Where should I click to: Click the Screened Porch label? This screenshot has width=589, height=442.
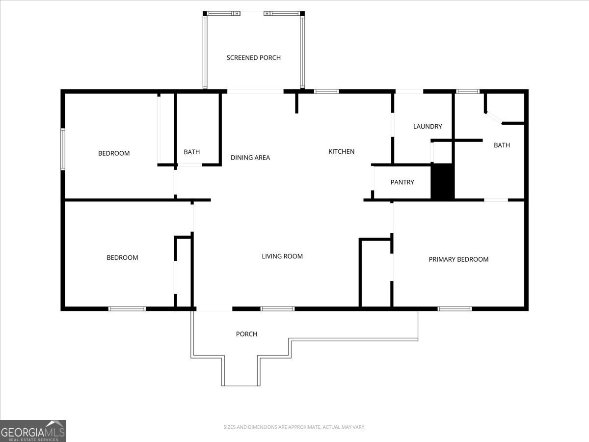pyautogui.click(x=254, y=57)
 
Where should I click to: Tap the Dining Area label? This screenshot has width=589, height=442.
pyautogui.click(x=250, y=158)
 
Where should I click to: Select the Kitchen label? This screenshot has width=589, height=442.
pyautogui.click(x=341, y=152)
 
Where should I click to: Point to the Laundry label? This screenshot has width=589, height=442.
pyautogui.click(x=428, y=126)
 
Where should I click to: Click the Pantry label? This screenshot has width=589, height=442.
pyautogui.click(x=402, y=182)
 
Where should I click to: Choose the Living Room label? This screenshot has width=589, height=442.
pyautogui.click(x=282, y=256)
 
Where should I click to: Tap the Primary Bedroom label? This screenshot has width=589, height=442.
pyautogui.click(x=458, y=259)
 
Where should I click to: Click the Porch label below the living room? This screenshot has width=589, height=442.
pyautogui.click(x=246, y=334)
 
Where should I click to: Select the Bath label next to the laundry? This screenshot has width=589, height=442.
pyautogui.click(x=502, y=145)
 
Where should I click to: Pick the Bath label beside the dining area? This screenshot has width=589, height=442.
pyautogui.click(x=192, y=152)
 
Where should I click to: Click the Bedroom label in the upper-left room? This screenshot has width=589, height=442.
pyautogui.click(x=114, y=153)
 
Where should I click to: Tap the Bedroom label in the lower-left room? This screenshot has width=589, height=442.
pyautogui.click(x=122, y=258)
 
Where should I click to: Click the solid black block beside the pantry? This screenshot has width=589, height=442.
pyautogui.click(x=442, y=181)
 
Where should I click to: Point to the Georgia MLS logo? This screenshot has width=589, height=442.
pyautogui.click(x=33, y=431)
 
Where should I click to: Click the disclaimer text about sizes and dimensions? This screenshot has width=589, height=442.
pyautogui.click(x=294, y=427)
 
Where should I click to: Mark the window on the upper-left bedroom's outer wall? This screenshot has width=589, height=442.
pyautogui.click(x=63, y=149)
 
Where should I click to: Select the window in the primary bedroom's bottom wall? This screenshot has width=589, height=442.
pyautogui.click(x=455, y=308)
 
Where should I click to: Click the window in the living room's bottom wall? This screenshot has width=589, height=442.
pyautogui.click(x=277, y=308)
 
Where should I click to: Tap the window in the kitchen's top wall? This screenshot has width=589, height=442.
pyautogui.click(x=326, y=91)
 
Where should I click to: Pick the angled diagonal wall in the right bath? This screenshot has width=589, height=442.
pyautogui.click(x=493, y=118)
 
